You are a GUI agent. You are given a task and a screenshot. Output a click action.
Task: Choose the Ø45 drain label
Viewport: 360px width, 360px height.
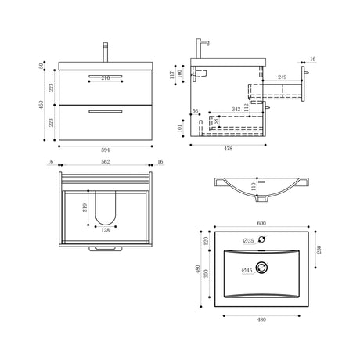pyautogui.click(x=247, y=270)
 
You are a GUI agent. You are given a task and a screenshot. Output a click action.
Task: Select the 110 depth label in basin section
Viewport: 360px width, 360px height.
pyautogui.click(x=254, y=188)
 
